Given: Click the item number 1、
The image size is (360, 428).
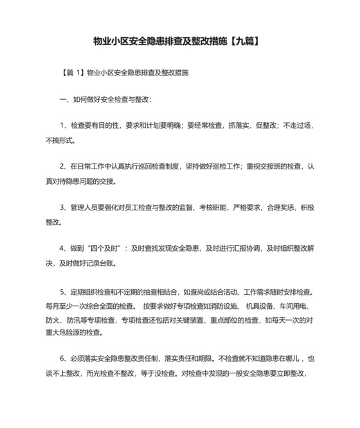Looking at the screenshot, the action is [x=64, y=126].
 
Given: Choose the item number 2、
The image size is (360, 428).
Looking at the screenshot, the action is [x=64, y=166].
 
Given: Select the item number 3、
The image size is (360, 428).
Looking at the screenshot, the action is [x=64, y=207].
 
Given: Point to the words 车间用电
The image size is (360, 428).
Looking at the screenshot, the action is [x=298, y=306].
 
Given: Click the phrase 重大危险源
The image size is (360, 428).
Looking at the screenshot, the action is [x=64, y=333].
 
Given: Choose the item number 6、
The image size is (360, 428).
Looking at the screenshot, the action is [x=64, y=360].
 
